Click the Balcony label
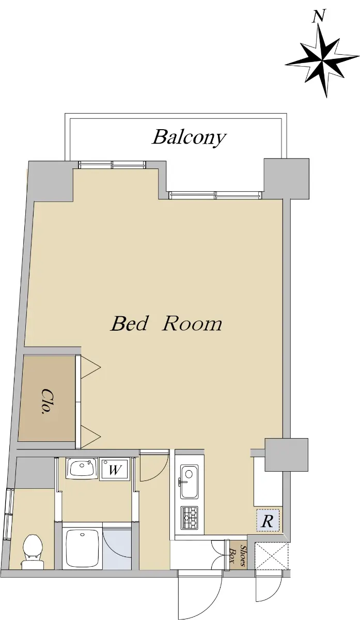pos(189,137)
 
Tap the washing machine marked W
pos(115,470)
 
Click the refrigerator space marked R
pos(268,521)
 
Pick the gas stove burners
pos(190,517)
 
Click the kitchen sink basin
pos(189,481)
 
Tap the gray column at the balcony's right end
pos(286,179)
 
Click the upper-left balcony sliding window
pos(112,165)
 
